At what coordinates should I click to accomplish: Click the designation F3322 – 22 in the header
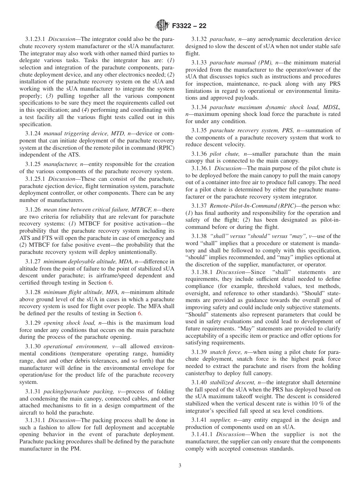point(189,26)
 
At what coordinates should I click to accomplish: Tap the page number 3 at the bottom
point(180,466)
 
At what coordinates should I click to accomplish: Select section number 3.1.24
point(33,133)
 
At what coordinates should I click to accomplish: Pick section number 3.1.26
point(33,209)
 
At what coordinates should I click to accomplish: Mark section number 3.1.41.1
point(202,434)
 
